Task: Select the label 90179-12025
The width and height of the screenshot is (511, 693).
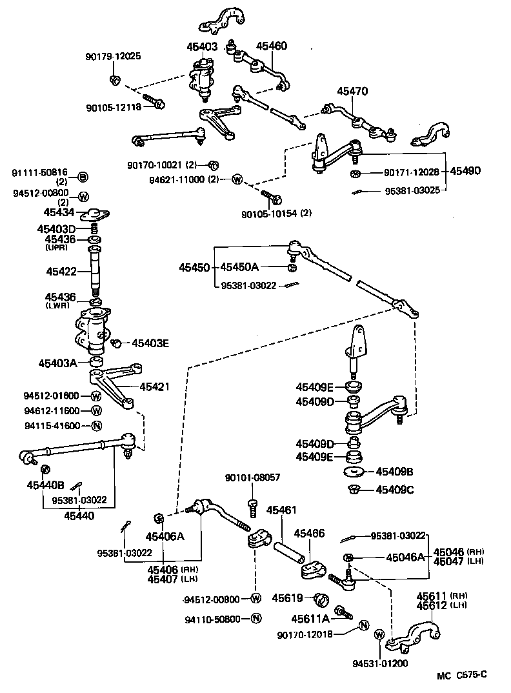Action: click(x=112, y=57)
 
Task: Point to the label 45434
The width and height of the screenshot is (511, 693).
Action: click(x=59, y=212)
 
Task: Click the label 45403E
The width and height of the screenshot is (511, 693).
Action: click(x=150, y=343)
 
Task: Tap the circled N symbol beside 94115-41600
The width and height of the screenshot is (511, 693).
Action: click(x=95, y=425)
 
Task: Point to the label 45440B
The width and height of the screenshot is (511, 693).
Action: click(x=45, y=485)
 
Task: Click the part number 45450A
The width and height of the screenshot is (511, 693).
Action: click(x=239, y=267)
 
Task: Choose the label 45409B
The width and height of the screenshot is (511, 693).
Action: click(x=394, y=471)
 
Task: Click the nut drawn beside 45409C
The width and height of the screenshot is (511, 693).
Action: click(x=354, y=488)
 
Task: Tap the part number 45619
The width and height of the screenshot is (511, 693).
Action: click(x=287, y=598)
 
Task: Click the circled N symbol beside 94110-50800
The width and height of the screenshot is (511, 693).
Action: click(x=255, y=618)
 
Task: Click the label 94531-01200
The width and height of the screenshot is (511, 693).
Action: click(x=380, y=663)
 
